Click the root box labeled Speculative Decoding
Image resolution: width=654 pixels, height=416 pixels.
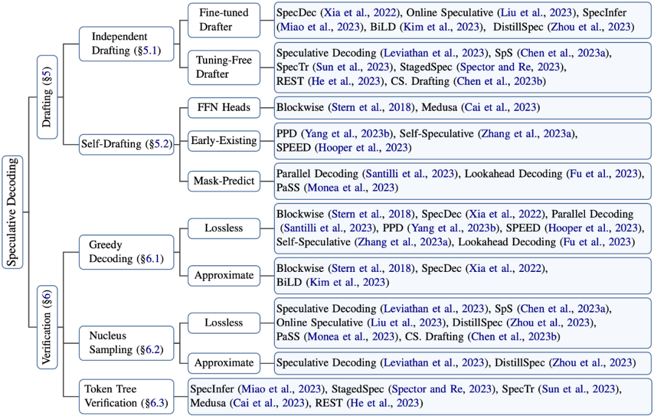(12, 211)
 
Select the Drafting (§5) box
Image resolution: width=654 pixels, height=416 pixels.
(47, 96)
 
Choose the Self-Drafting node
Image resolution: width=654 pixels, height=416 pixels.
(125, 144)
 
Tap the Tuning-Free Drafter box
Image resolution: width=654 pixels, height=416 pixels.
(223, 67)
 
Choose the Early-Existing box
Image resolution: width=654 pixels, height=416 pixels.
(223, 141)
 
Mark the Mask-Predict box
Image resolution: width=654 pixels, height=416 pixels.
(223, 180)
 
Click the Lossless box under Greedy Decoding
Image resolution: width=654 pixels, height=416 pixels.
(223, 228)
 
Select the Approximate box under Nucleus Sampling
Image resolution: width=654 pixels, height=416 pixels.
(223, 363)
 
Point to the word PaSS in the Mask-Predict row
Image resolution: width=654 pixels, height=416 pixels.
(288, 188)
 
